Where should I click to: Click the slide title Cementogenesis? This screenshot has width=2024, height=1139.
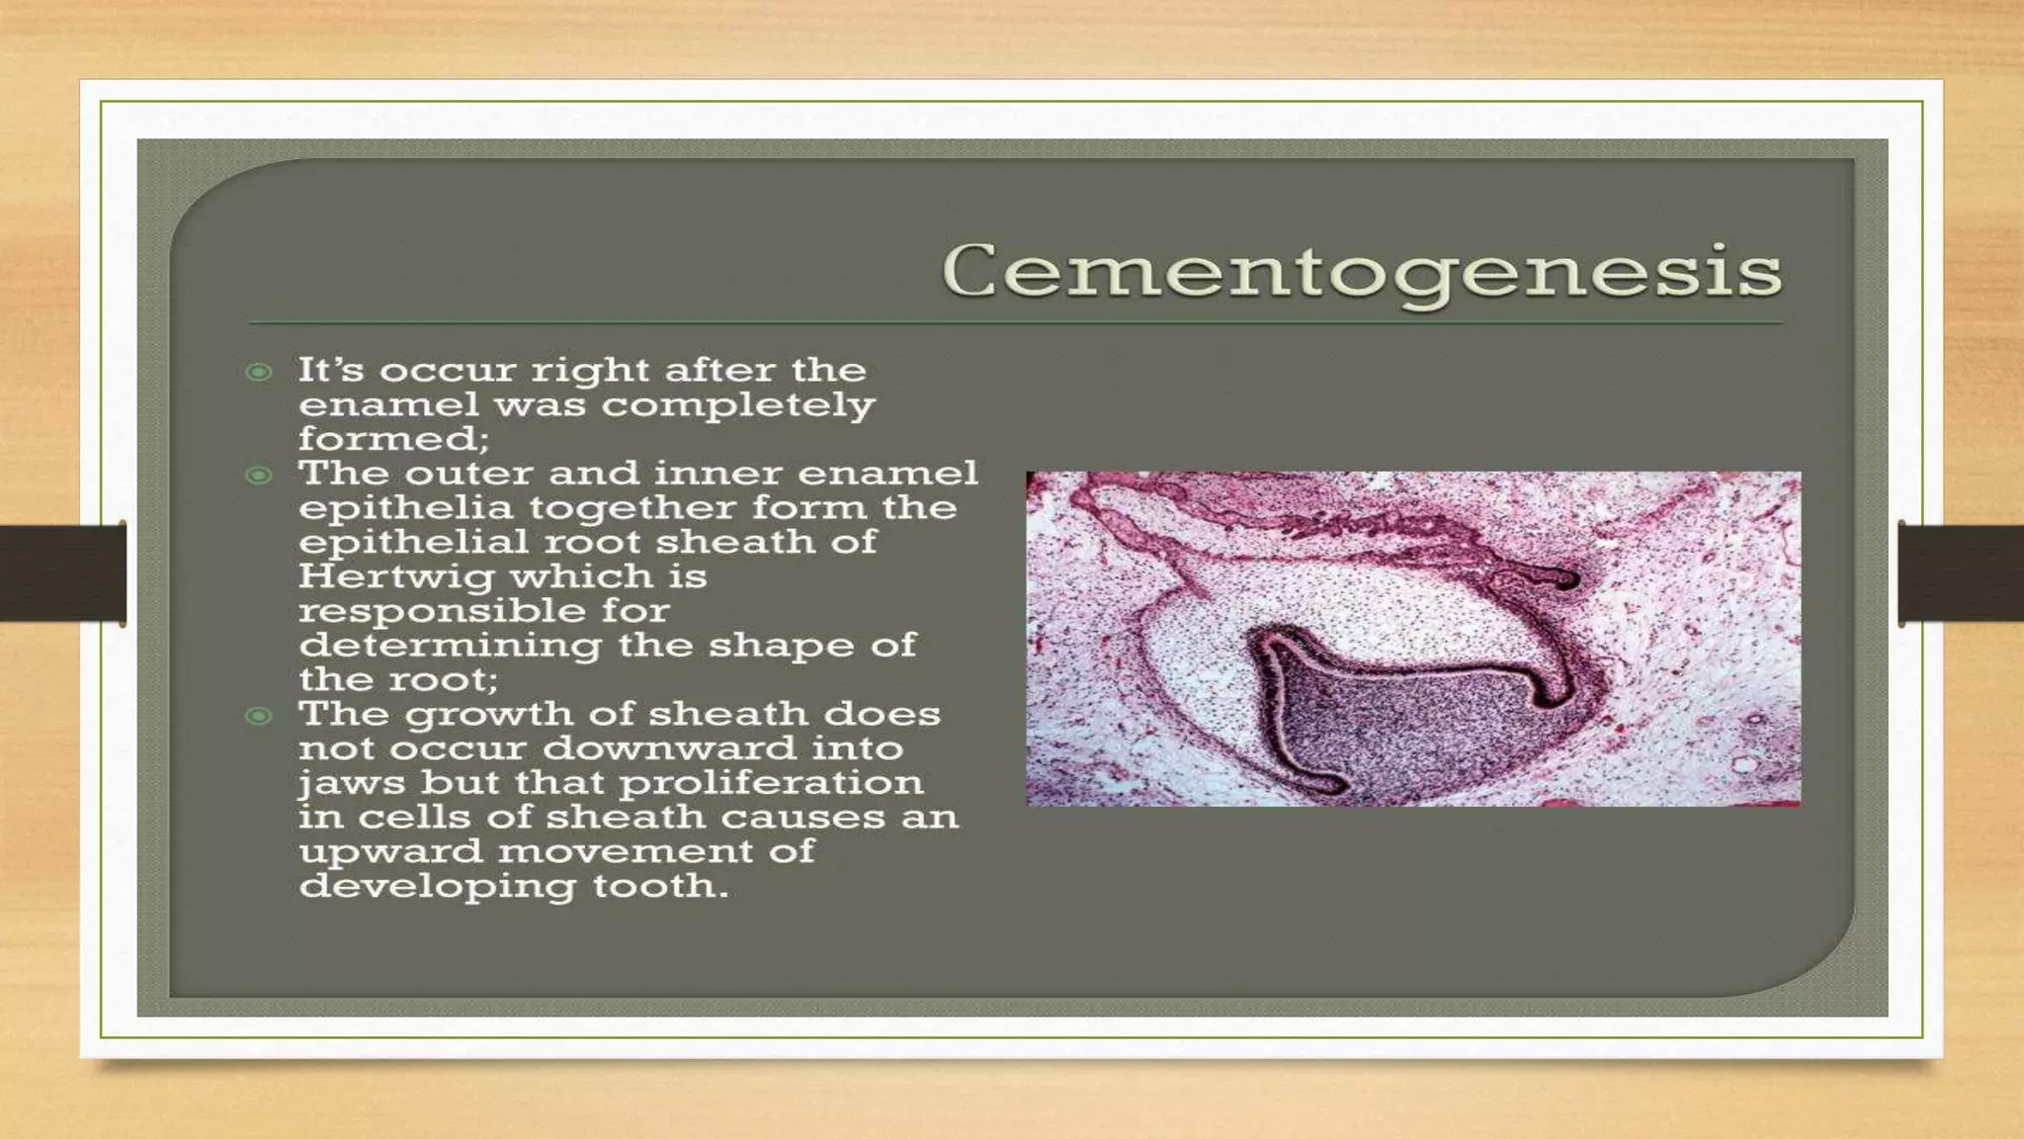[x=1362, y=272]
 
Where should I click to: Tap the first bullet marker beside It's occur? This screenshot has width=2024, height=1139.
[x=259, y=372]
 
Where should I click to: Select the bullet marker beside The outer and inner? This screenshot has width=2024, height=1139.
[x=259, y=476]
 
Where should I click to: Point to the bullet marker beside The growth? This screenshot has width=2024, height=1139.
[x=259, y=716]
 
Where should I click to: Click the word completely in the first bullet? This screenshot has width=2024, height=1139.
[x=738, y=405]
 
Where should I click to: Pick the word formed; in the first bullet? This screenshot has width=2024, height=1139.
[x=393, y=439]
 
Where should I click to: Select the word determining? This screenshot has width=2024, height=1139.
[x=450, y=646]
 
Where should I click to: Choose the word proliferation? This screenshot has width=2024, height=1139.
[x=771, y=783]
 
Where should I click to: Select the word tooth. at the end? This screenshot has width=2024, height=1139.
[x=660, y=886]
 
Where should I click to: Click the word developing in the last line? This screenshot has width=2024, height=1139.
[x=437, y=887]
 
